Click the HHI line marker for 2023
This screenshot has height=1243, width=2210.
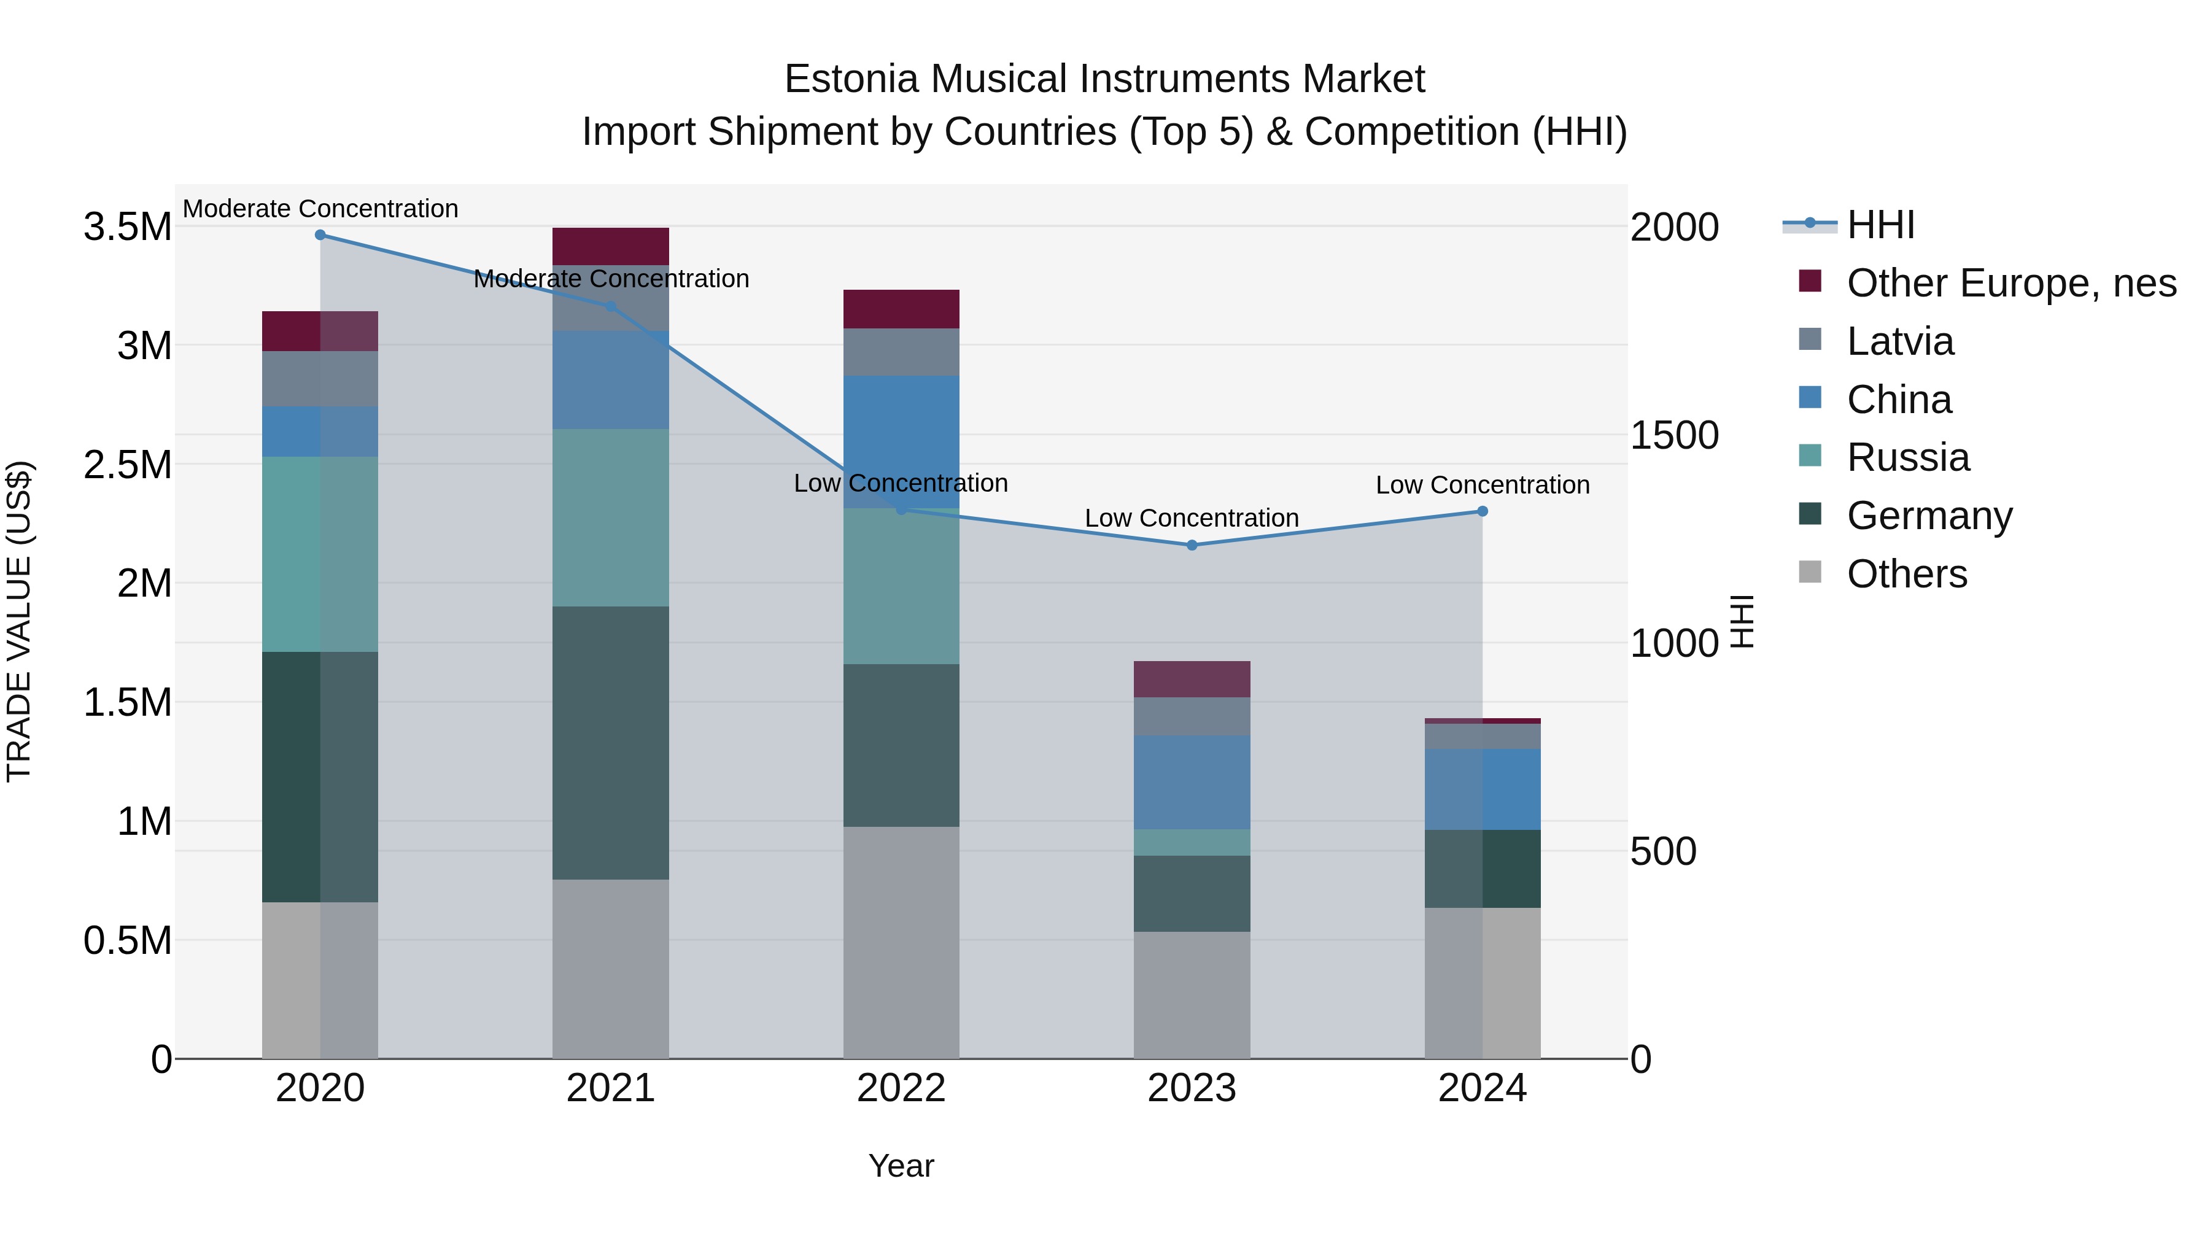pyautogui.click(x=1192, y=544)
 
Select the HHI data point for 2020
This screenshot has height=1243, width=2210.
pyautogui.click(x=320, y=235)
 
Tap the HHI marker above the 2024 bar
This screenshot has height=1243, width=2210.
pyautogui.click(x=1483, y=511)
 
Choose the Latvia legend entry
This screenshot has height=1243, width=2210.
pyautogui.click(x=1899, y=341)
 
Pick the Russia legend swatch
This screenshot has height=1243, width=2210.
pyautogui.click(x=1810, y=456)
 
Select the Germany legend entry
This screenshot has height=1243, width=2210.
pyautogui.click(x=1929, y=516)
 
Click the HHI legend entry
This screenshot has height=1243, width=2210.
pyautogui.click(x=1880, y=225)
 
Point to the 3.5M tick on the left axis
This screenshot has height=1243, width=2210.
pyautogui.click(x=128, y=227)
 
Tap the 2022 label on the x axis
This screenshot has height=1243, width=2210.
pyautogui.click(x=901, y=1088)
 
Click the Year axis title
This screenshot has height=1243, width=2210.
pyautogui.click(x=901, y=1166)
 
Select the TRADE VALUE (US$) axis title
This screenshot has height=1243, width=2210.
pyautogui.click(x=20, y=621)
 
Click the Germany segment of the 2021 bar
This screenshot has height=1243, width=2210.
pyautogui.click(x=610, y=742)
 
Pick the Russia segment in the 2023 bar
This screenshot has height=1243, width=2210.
pyautogui.click(x=1192, y=842)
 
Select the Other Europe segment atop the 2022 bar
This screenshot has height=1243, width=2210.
pyautogui.click(x=901, y=309)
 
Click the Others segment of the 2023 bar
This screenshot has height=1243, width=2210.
pyautogui.click(x=1192, y=994)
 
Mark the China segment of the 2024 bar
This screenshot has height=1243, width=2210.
pyautogui.click(x=1483, y=789)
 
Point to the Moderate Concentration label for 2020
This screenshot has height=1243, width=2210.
pyautogui.click(x=320, y=209)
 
